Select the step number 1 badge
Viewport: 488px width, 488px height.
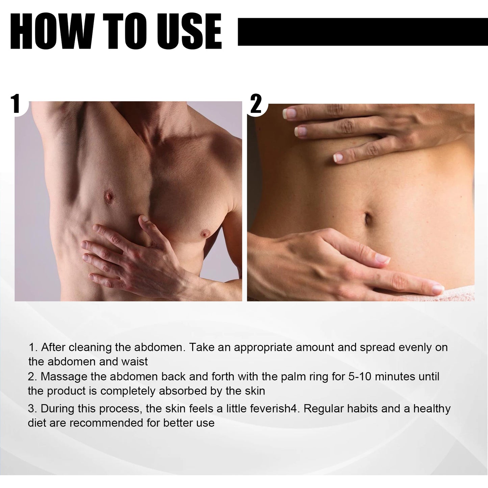16,104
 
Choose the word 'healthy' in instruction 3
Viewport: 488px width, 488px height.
432,409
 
